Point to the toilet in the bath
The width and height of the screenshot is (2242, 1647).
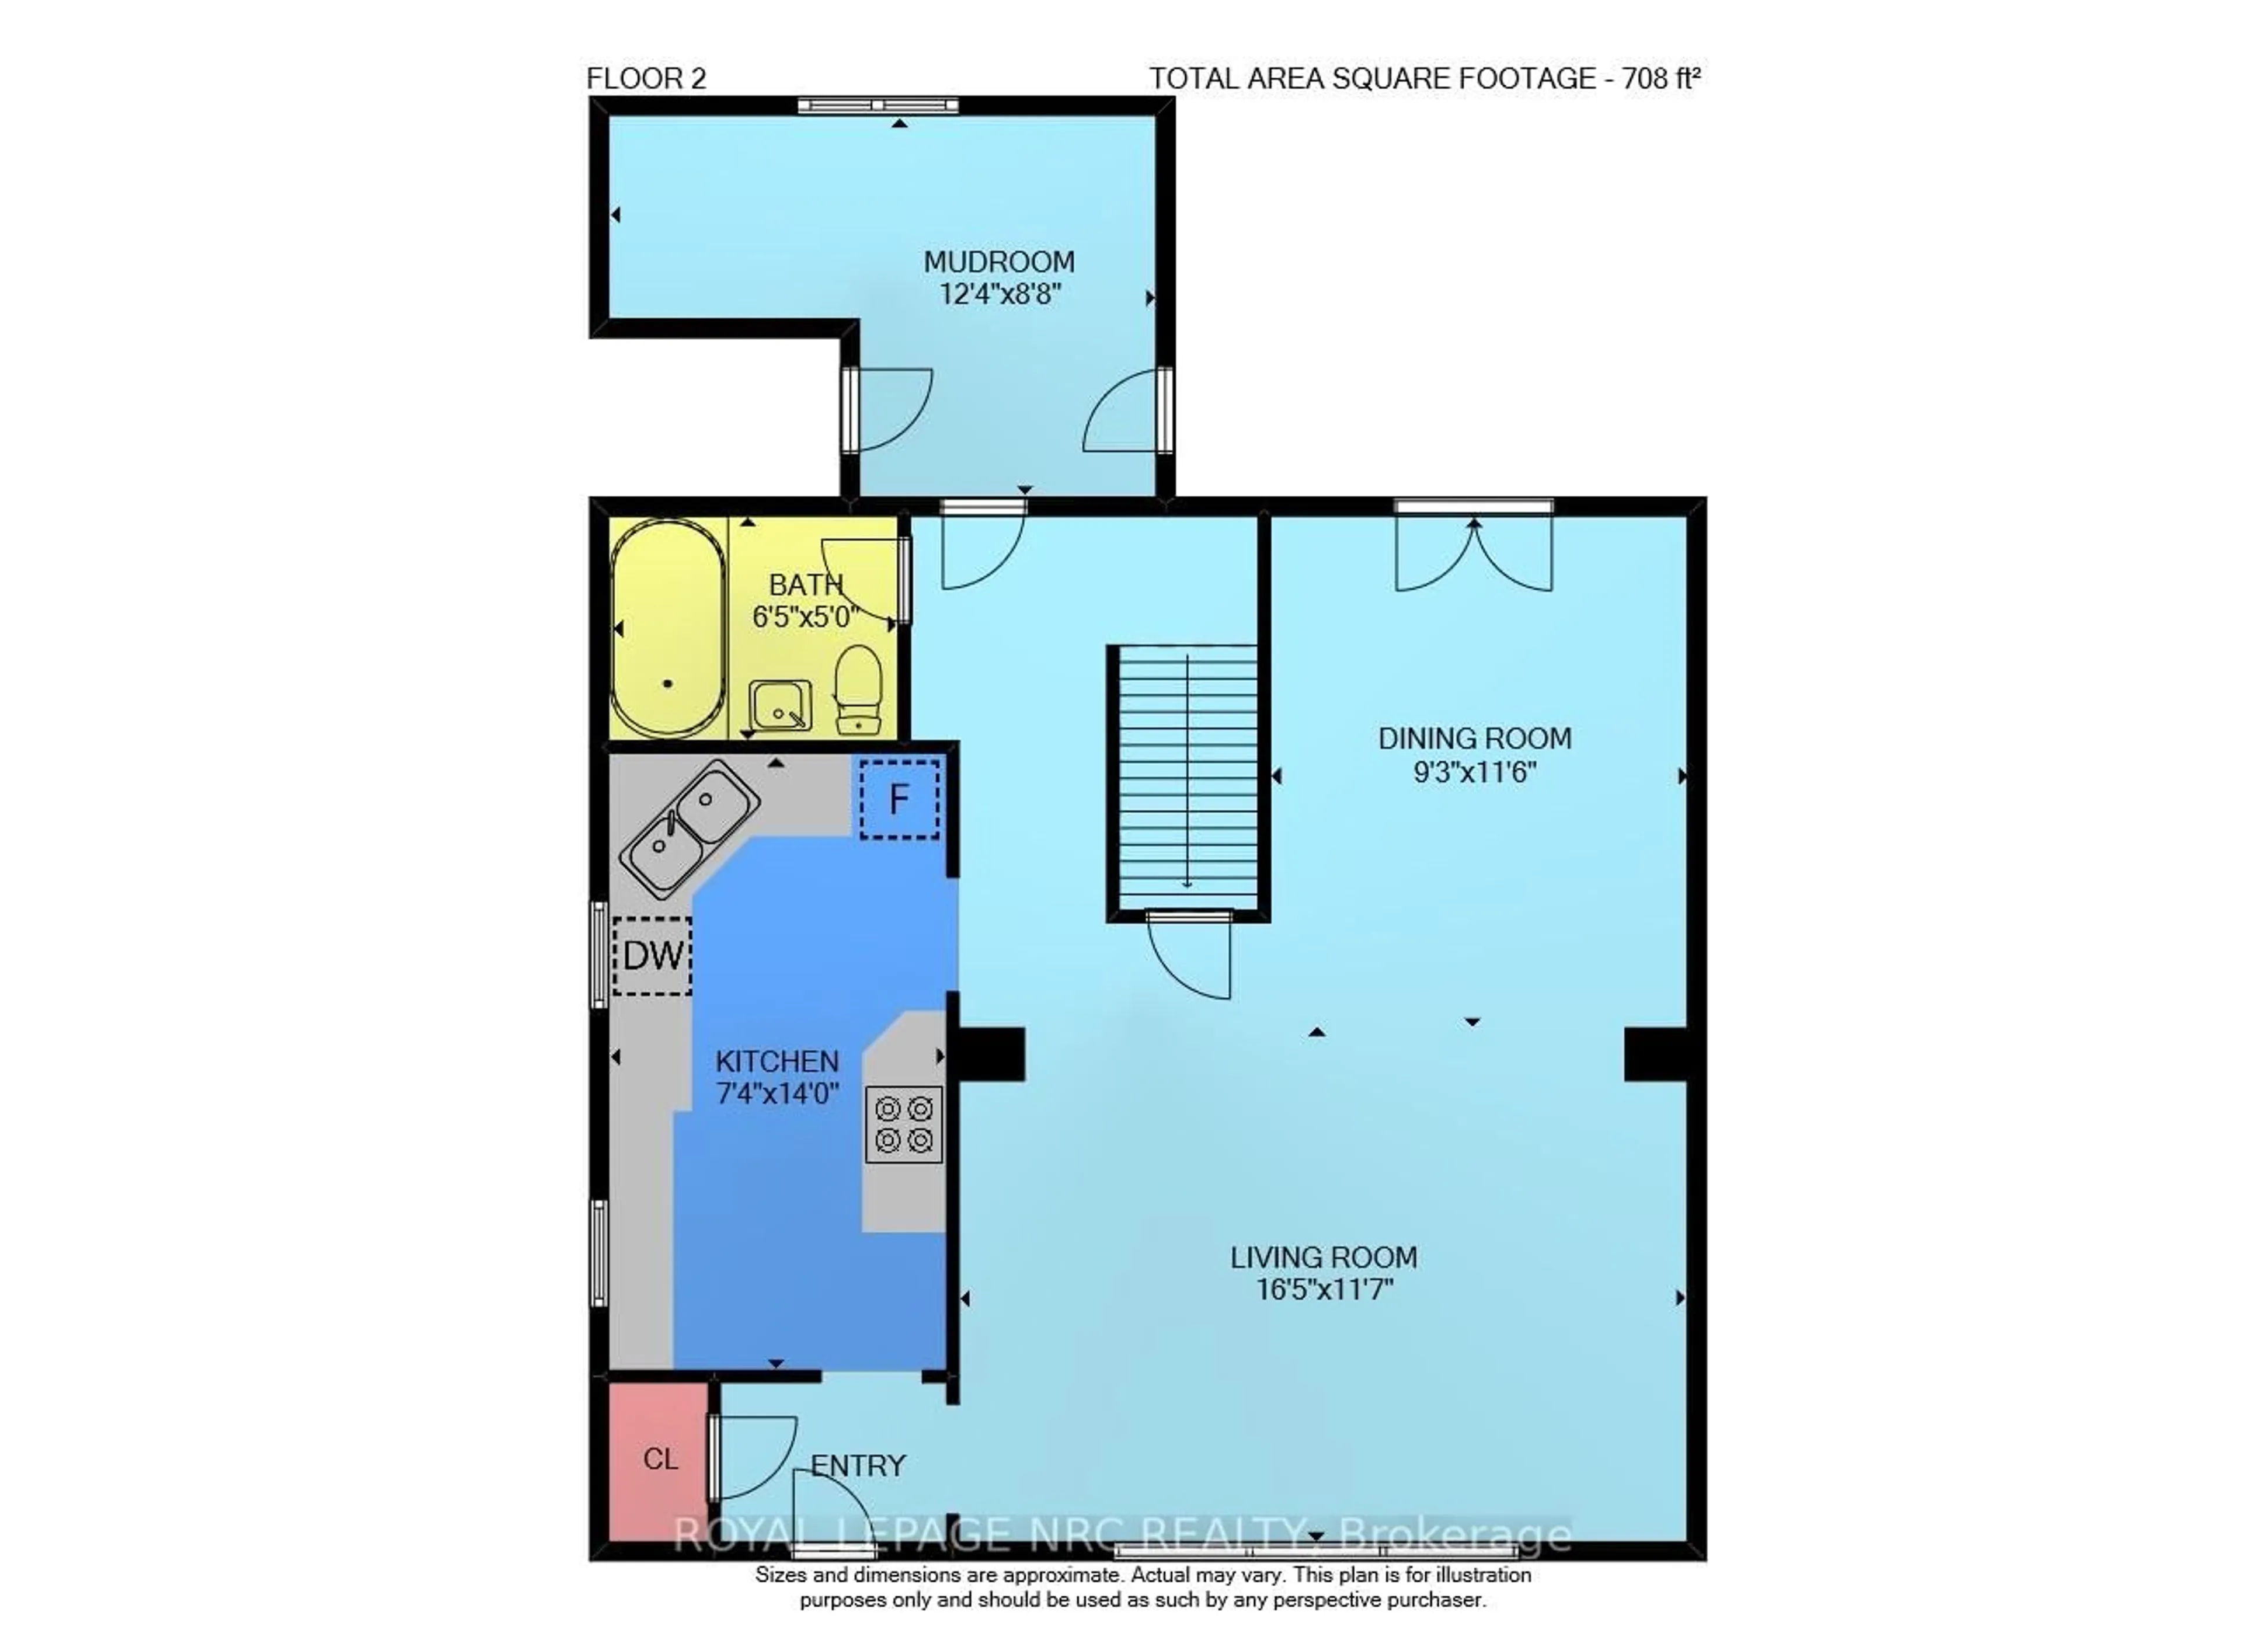(857, 687)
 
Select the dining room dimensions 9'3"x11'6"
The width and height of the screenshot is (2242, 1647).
(1474, 772)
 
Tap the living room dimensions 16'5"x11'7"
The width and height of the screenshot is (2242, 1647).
(1323, 1289)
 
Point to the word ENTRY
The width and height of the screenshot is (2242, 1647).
(857, 1465)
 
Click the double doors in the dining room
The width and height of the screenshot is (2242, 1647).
(1474, 553)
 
